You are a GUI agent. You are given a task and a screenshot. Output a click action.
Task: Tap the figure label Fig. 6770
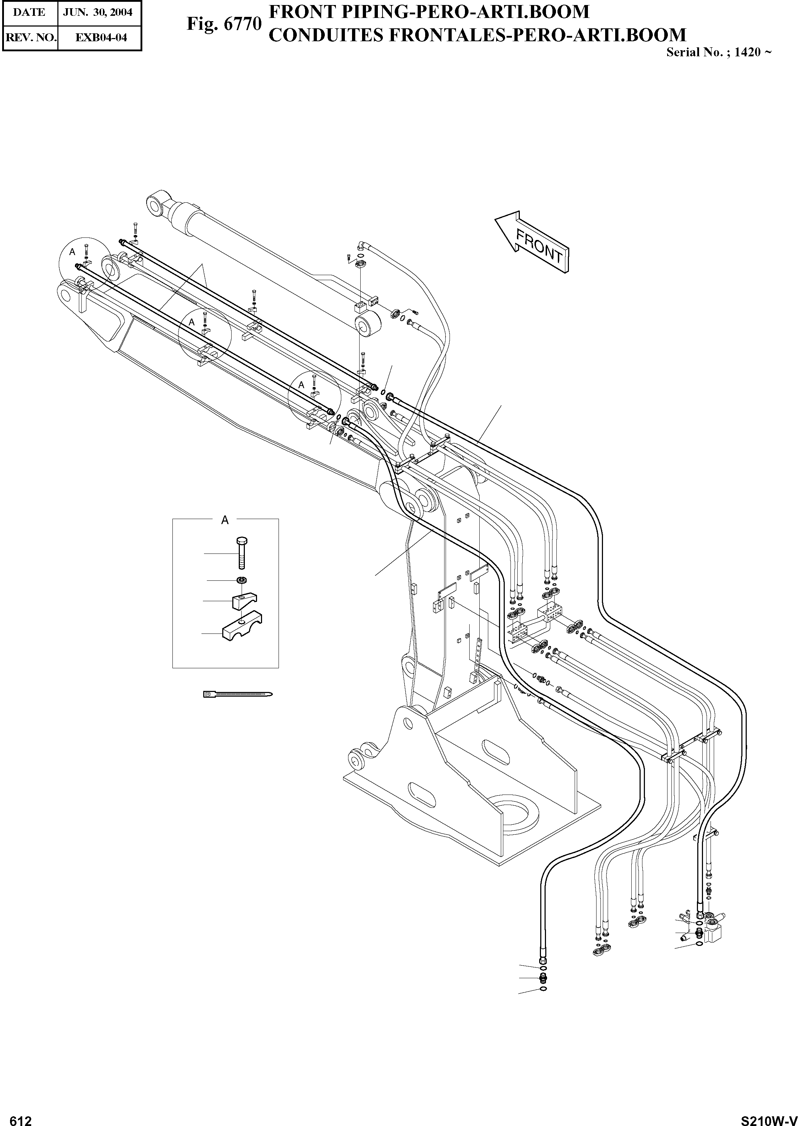tap(224, 24)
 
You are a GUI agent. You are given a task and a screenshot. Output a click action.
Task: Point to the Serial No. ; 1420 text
tap(718, 53)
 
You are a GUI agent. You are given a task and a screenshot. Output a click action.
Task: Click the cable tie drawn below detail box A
tap(237, 694)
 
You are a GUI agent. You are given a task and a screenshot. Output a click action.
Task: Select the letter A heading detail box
tap(225, 520)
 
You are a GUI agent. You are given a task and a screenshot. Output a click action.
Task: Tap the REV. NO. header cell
tap(29, 37)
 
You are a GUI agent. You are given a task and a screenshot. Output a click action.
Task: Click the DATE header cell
tap(29, 12)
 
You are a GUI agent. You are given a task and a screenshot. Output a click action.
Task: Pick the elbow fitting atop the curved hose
tap(360, 244)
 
